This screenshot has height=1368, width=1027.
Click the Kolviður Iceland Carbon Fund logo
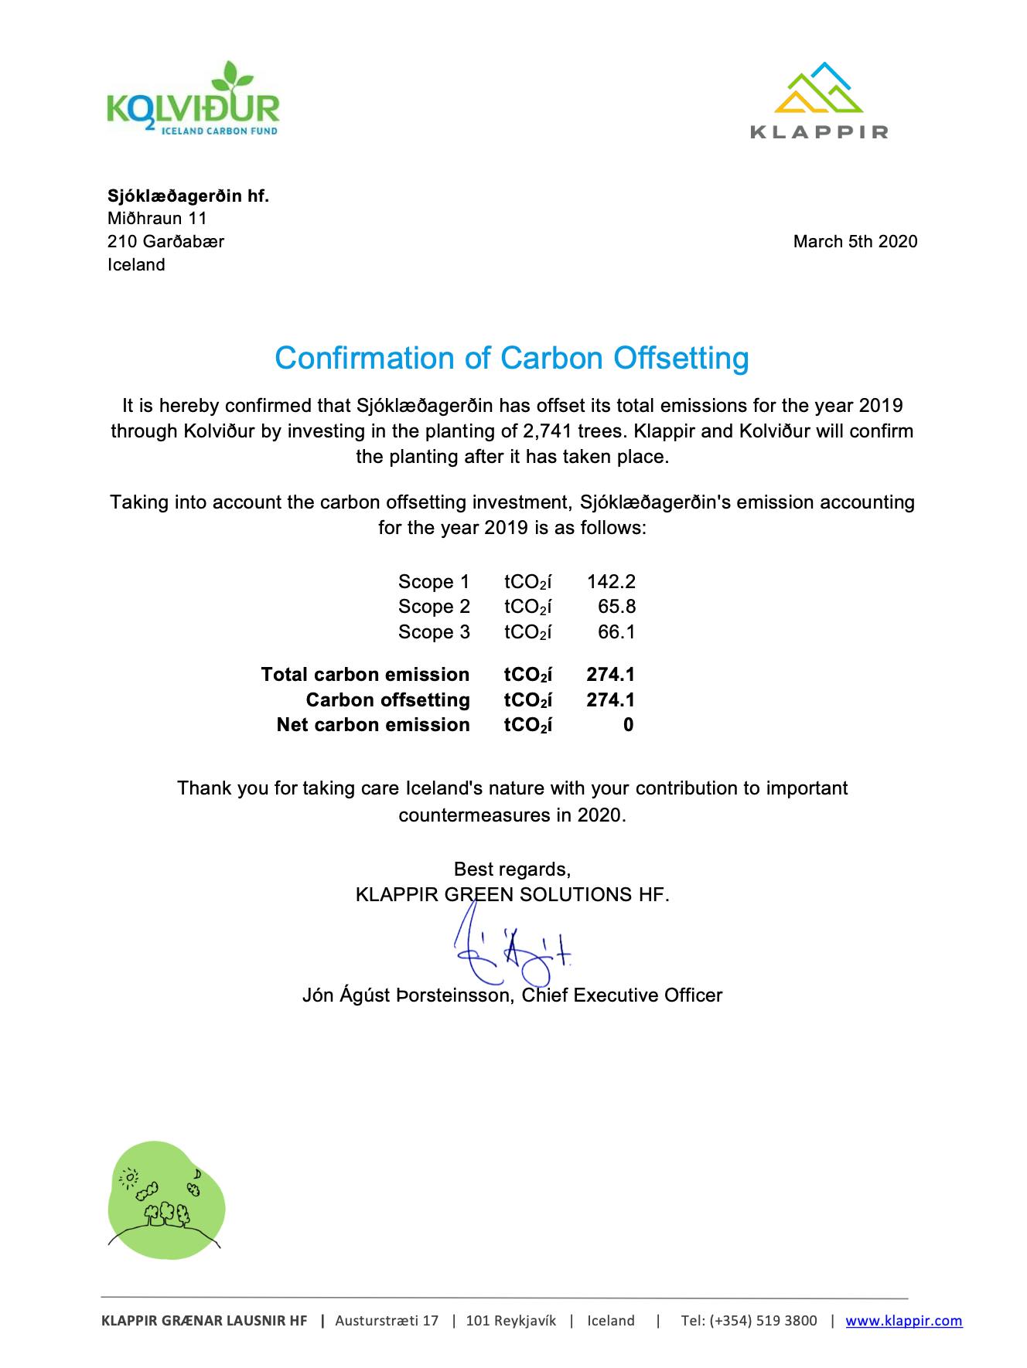tap(193, 100)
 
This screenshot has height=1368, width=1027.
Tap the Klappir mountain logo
tap(819, 100)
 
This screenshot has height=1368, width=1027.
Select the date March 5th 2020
tap(855, 241)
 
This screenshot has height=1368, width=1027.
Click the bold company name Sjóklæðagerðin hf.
tap(188, 196)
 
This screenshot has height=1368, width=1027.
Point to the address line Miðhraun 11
tap(157, 219)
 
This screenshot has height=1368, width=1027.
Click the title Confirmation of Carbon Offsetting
tap(512, 359)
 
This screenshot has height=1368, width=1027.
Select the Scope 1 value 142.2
tap(611, 581)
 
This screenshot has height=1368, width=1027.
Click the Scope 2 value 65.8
tap(616, 607)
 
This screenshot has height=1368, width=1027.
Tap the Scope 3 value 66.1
tap(616, 632)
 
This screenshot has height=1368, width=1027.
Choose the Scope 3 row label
tap(434, 632)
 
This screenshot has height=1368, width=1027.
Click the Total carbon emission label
tap(365, 675)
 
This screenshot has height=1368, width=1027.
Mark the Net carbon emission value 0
tap(628, 725)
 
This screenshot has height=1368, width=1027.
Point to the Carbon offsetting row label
tap(387, 700)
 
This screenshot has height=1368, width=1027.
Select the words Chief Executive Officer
tap(622, 995)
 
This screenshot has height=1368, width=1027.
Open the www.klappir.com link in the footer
tap(903, 1321)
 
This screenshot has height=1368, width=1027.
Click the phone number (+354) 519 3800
tap(749, 1321)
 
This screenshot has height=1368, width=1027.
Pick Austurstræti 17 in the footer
tap(387, 1321)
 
